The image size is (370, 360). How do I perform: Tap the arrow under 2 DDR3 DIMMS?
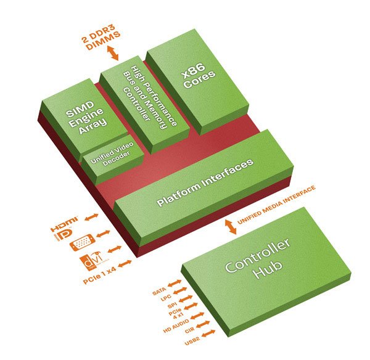tap(113, 54)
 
